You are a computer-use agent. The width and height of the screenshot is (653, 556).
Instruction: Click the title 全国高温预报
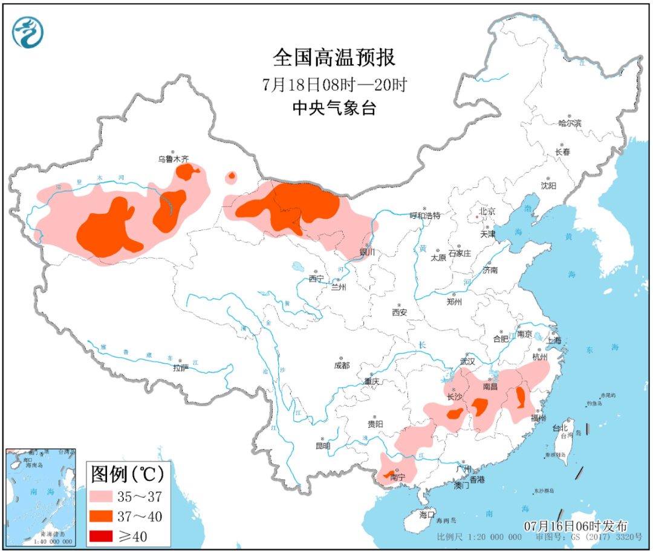pyautogui.click(x=334, y=58)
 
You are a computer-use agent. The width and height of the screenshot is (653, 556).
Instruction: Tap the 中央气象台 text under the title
pyautogui.click(x=334, y=108)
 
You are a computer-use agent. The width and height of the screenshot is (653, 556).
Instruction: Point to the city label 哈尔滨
pyautogui.click(x=569, y=123)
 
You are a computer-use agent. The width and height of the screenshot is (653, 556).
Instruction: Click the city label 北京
pyautogui.click(x=487, y=212)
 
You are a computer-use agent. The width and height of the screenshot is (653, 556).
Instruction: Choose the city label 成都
pyautogui.click(x=342, y=365)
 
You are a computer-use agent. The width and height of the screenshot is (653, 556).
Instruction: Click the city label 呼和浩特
pyautogui.click(x=425, y=215)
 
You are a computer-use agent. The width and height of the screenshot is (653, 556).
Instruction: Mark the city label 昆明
pyautogui.click(x=323, y=446)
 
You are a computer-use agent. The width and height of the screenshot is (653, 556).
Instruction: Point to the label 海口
pyautogui.click(x=427, y=515)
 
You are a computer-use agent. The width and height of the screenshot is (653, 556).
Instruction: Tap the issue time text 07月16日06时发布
pyautogui.click(x=575, y=525)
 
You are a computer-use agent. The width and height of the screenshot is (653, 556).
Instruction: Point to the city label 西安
pyautogui.click(x=399, y=312)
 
